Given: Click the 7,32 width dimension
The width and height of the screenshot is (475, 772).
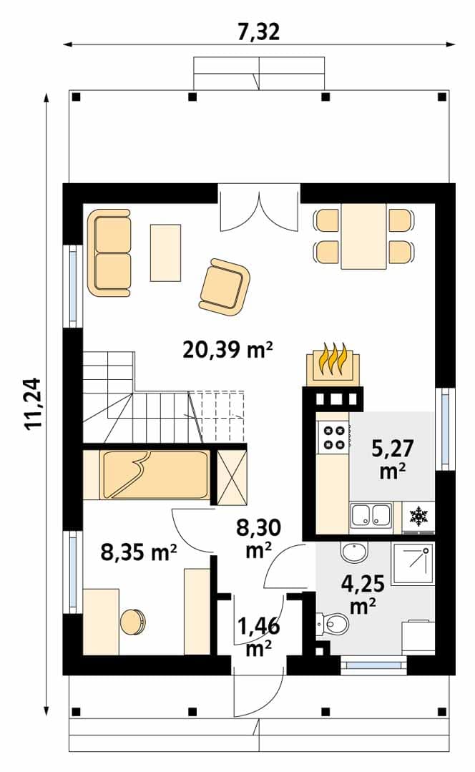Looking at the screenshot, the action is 258,32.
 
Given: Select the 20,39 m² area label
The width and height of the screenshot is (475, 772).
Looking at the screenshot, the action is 228,350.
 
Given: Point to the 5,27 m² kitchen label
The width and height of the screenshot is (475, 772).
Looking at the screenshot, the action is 393,459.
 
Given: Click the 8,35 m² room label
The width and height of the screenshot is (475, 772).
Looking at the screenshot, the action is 139,552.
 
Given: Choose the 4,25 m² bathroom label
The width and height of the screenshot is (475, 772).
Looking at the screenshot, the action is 363,593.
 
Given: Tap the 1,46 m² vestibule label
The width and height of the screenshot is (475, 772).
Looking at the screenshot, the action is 259,637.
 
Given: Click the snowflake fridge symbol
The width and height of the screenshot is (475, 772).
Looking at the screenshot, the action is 419,517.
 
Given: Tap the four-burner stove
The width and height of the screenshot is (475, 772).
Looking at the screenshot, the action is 333,437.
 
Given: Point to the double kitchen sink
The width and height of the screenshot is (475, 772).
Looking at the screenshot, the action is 371,515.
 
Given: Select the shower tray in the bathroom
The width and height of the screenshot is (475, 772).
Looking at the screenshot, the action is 413,564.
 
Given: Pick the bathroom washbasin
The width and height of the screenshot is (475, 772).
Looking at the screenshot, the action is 354,552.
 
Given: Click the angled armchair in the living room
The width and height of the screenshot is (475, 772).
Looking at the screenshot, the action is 225,288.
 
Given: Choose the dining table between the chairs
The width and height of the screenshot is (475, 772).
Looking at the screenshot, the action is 363,236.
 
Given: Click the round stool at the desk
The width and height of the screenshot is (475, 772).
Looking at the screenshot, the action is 133,622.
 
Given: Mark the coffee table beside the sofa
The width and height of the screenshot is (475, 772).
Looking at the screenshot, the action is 165,253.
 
